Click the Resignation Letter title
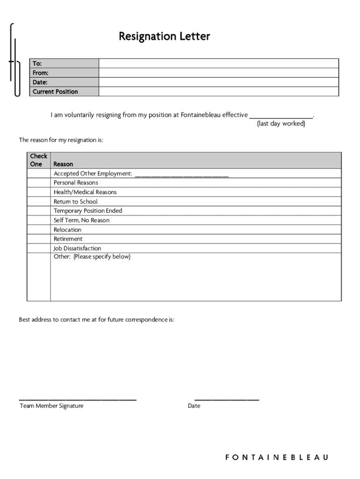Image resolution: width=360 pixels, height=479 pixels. (x=164, y=36)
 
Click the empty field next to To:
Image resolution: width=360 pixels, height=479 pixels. (x=218, y=64)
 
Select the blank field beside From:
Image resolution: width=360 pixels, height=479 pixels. (x=218, y=73)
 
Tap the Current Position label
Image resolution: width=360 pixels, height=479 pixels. (x=55, y=92)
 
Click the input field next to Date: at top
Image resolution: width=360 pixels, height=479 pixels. (x=218, y=82)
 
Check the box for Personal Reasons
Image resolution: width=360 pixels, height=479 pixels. (x=38, y=183)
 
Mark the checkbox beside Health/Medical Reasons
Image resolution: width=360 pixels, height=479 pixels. (x=38, y=192)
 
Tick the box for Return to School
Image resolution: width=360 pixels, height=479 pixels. (x=38, y=202)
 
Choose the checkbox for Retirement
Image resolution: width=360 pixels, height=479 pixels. (x=38, y=239)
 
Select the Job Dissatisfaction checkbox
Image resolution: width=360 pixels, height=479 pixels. (x=38, y=248)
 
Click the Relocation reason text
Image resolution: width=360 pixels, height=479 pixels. (x=67, y=230)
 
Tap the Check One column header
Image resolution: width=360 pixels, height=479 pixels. (x=38, y=160)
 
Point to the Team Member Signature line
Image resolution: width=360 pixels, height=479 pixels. (x=78, y=399)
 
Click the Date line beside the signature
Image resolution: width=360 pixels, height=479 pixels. (x=226, y=399)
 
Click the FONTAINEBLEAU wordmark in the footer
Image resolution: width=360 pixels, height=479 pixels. (x=277, y=457)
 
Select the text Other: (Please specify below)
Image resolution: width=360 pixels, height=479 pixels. (x=92, y=257)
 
